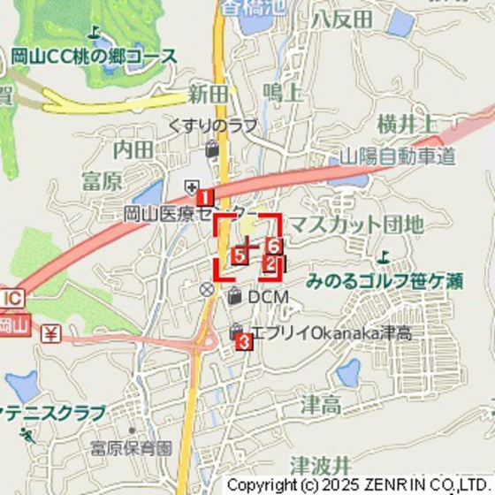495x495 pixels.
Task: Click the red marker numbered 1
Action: click(204, 197)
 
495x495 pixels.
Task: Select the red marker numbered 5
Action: click(239, 256)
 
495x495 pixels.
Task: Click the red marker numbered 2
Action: click(270, 263)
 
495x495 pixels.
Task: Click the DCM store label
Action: click(267, 297)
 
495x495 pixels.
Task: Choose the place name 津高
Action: click(321, 406)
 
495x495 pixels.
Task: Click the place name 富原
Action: click(102, 182)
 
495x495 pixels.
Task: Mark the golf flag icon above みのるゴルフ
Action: click(383, 258)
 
